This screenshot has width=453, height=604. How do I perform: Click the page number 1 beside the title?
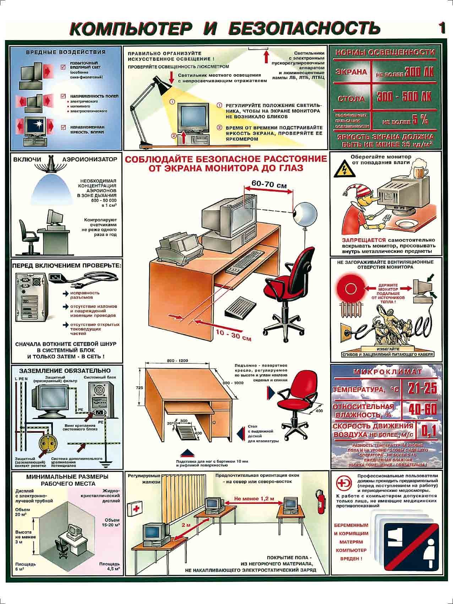(x=441, y=28)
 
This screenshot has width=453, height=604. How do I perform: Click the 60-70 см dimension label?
(x=269, y=185)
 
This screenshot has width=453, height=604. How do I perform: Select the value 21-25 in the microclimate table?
(x=422, y=388)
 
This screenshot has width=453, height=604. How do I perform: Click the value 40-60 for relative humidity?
(x=422, y=409)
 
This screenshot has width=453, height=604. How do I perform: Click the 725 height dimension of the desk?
(x=140, y=388)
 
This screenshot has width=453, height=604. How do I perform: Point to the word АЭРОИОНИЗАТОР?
(x=89, y=159)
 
